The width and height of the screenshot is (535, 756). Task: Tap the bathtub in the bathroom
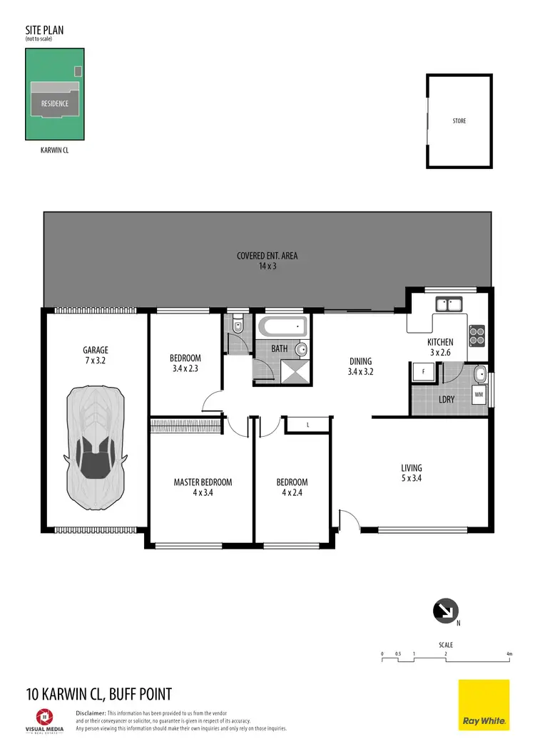click(283, 328)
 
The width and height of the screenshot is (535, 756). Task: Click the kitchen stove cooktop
click(476, 332)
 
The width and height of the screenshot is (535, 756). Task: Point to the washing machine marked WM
click(479, 393)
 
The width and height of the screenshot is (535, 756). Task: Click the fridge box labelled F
click(423, 373)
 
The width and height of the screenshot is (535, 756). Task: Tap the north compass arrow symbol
click(446, 610)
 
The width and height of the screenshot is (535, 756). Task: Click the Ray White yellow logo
click(484, 705)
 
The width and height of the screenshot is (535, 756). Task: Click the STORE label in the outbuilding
click(459, 121)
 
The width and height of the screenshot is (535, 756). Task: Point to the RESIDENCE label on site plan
click(54, 103)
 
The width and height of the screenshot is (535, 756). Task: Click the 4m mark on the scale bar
click(509, 653)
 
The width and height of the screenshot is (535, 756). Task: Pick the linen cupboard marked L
click(307, 425)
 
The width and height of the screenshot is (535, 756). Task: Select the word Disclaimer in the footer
click(90, 713)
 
